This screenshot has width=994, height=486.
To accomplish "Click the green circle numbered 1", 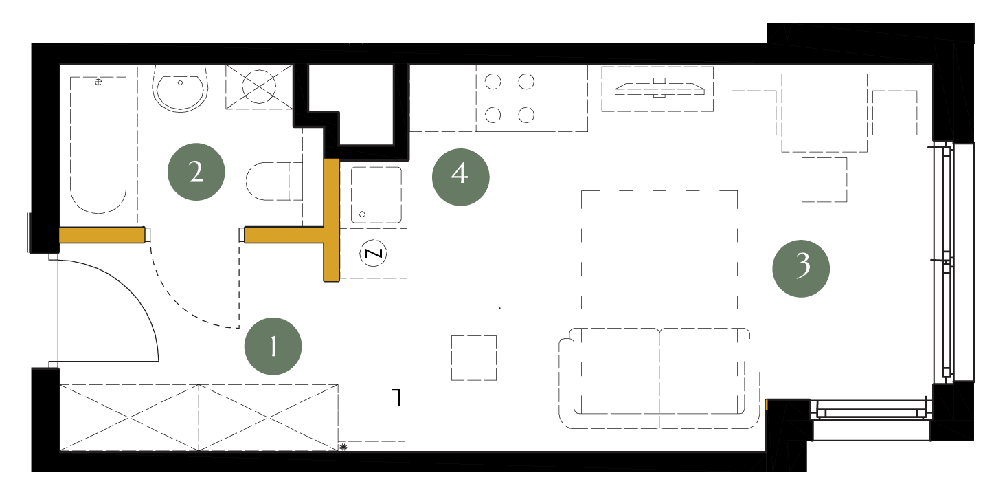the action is [273, 346].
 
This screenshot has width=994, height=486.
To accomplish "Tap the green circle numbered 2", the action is [196, 171].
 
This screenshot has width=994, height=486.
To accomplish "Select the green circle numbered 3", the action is [801, 269].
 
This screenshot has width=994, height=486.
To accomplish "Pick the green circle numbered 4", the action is [461, 177].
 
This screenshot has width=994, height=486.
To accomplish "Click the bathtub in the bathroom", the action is [98, 145].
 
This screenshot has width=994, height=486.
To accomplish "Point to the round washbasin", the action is [180, 88].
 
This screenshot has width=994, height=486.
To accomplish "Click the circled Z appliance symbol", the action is [373, 254].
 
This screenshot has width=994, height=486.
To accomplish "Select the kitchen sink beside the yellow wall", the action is [376, 195].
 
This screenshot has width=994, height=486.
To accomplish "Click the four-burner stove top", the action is [510, 98].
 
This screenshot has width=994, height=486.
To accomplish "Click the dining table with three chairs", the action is [824, 113].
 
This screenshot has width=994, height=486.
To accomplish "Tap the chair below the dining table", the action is [824, 180].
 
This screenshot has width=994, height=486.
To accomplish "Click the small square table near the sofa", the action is [474, 357].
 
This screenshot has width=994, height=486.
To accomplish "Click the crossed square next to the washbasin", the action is [259, 87].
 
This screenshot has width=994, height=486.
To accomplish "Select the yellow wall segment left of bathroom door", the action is [102, 235].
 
